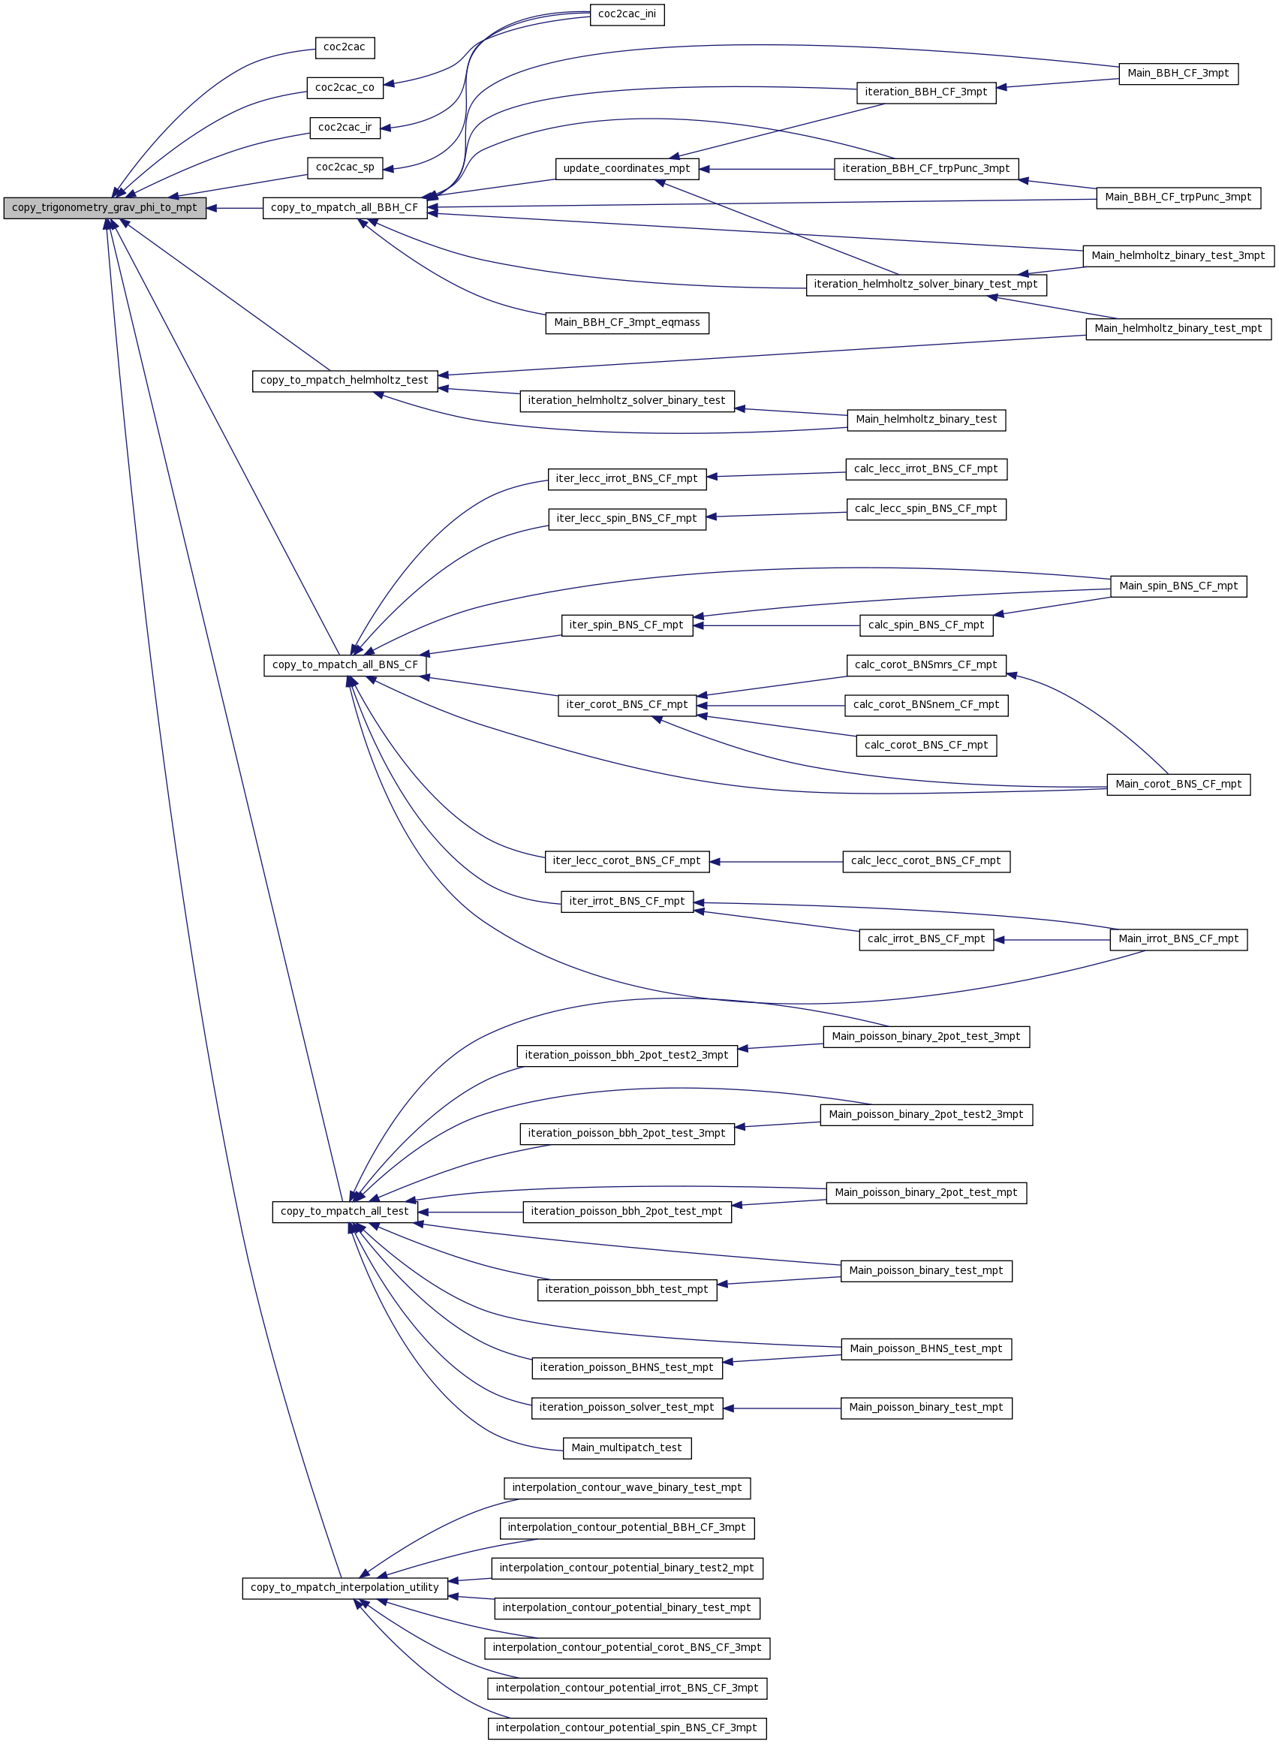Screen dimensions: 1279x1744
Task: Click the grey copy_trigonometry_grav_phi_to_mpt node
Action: pyautogui.click(x=104, y=208)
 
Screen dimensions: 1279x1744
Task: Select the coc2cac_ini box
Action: pyautogui.click(x=627, y=15)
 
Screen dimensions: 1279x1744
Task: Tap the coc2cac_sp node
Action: pyautogui.click(x=345, y=168)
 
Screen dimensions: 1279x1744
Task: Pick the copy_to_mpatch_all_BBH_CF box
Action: pyautogui.click(x=345, y=208)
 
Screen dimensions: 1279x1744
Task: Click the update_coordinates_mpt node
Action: pyautogui.click(x=627, y=169)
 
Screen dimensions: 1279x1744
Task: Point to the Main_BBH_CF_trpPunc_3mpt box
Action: pyautogui.click(x=1178, y=197)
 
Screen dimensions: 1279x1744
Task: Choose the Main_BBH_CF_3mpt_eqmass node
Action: pyautogui.click(x=627, y=323)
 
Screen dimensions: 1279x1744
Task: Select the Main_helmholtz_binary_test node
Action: pyautogui.click(x=926, y=420)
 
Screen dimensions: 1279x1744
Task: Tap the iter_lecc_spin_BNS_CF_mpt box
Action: pyautogui.click(x=627, y=519)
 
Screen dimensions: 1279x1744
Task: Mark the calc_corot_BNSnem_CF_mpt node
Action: pyautogui.click(x=926, y=706)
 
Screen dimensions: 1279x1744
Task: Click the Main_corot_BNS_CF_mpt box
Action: pyautogui.click(x=1178, y=785)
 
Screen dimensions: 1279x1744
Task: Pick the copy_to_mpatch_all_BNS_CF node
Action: pyautogui.click(x=345, y=665)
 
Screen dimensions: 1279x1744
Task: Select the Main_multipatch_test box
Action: pyautogui.click(x=627, y=1448)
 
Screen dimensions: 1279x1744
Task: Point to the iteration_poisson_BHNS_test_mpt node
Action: pyautogui.click(x=627, y=1368)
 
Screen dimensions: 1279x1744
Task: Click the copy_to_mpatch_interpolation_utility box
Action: pyautogui.click(x=345, y=1588)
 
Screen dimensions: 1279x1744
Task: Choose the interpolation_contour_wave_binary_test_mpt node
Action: pyautogui.click(x=627, y=1488)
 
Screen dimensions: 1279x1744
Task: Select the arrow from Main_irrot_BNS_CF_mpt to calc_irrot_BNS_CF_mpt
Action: pyautogui.click(x=1052, y=940)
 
